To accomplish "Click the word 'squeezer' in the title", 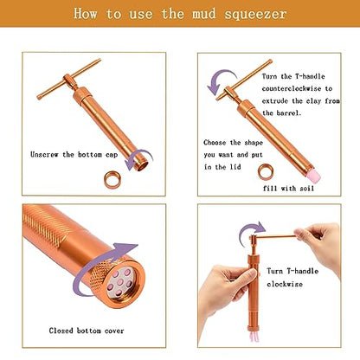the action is [255, 15].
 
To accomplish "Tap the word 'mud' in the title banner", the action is [203, 13].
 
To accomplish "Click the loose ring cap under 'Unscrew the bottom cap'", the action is [112, 180].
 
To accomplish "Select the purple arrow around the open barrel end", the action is [138, 158].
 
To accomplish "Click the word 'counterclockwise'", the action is [292, 88].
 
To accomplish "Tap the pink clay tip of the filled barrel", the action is [313, 175].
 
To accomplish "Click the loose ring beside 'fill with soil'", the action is [265, 172].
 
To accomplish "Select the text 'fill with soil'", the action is [288, 189].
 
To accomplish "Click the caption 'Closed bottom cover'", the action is [87, 331].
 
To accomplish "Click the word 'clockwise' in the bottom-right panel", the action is [285, 284].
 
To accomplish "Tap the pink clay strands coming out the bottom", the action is [255, 336].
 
